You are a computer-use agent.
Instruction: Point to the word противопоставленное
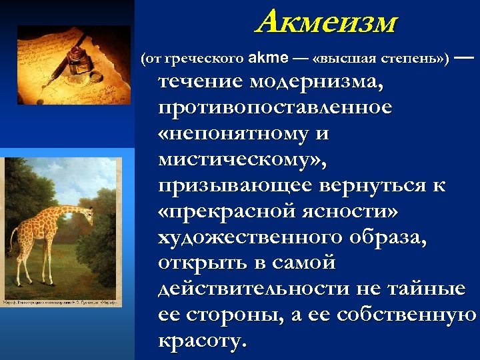click(x=275, y=108)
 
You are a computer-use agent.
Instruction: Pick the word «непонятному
click(x=235, y=134)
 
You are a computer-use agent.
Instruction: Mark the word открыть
click(x=200, y=263)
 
